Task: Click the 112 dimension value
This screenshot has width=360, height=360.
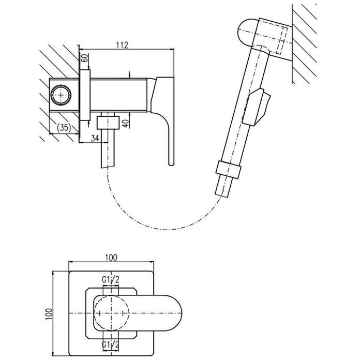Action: [122, 45]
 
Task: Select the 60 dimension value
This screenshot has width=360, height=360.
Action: [84, 58]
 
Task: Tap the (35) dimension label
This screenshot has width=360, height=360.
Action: [64, 127]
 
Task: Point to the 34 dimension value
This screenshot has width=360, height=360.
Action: [95, 138]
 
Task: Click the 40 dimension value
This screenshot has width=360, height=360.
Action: [125, 124]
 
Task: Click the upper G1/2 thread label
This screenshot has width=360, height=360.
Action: [111, 280]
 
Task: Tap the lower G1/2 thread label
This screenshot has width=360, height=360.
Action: [111, 344]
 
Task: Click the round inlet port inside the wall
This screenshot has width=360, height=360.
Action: [61, 95]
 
